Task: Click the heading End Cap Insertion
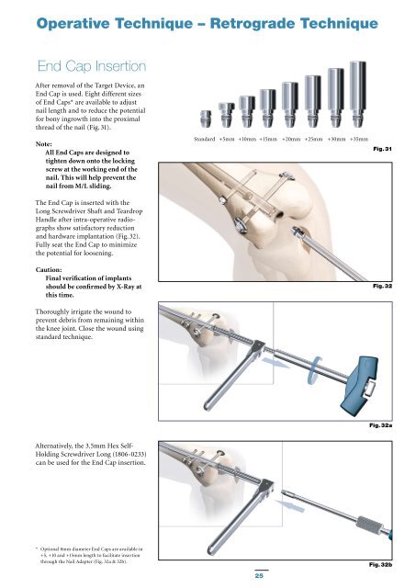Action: tap(92, 66)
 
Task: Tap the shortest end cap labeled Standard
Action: tap(206, 119)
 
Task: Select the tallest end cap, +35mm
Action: tap(358, 94)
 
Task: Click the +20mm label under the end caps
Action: tap(291, 139)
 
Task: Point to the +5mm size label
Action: tap(227, 139)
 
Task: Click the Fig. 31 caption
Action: tap(382, 149)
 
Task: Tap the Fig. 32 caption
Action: tap(382, 286)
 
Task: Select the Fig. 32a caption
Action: tap(380, 425)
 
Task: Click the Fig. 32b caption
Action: tap(380, 564)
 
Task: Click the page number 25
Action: tap(259, 576)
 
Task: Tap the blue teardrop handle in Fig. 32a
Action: tap(360, 383)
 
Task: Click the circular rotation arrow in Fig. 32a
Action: tap(314, 370)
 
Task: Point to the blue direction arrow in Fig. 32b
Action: tap(289, 505)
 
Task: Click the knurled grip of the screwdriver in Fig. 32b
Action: tap(367, 525)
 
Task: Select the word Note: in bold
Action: tap(44, 144)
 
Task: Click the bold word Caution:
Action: tap(49, 269)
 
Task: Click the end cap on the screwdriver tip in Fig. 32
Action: tap(297, 232)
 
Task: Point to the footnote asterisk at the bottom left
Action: tap(37, 548)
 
